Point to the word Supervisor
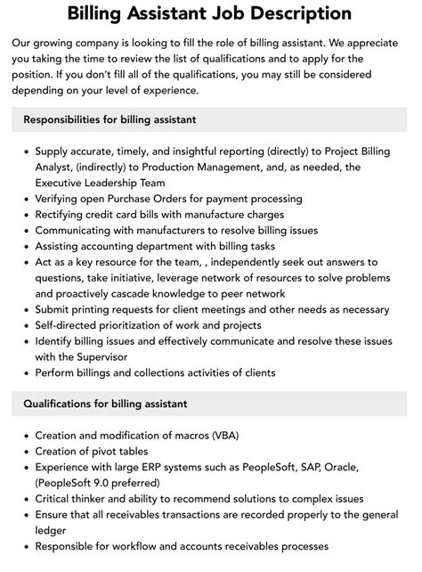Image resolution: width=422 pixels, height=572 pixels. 101,356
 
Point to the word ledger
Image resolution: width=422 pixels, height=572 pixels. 53,529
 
